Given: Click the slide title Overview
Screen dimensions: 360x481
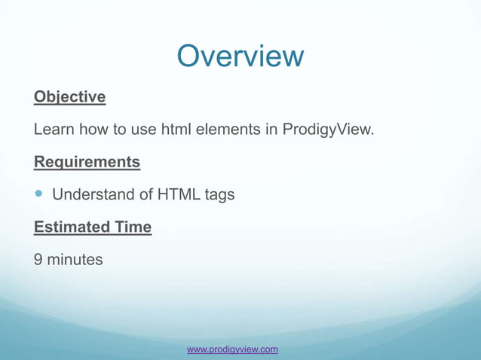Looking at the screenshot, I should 240,56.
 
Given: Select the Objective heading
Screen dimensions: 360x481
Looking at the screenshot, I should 69,97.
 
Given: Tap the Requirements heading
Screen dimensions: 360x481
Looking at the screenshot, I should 87,162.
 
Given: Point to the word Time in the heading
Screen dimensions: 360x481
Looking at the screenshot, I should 133,227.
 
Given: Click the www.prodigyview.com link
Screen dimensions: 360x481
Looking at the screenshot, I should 232,349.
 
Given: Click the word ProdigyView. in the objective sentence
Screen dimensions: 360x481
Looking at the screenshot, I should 328,130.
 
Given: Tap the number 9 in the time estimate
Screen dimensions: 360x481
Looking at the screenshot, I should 38,260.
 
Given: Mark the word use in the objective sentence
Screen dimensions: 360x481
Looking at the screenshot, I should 142,130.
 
